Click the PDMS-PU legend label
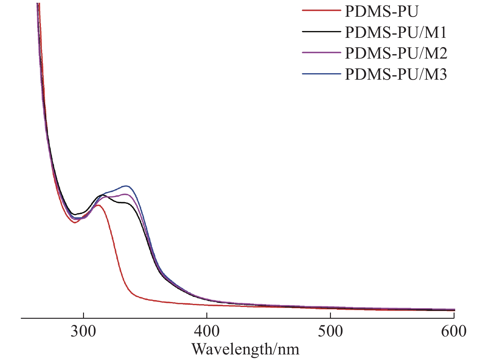point(381,11)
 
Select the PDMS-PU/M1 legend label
point(396,32)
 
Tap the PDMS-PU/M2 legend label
point(396,53)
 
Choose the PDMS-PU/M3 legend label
point(396,74)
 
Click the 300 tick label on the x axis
point(83,331)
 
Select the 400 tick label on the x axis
point(207,331)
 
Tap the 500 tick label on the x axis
point(330,331)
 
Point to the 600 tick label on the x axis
point(454,331)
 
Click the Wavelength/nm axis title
point(245,349)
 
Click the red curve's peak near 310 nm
point(98,205)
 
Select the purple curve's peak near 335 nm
point(125,194)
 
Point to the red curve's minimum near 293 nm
point(75,223)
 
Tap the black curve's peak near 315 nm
point(101,195)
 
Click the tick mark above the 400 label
point(207,316)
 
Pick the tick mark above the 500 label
point(330,316)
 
